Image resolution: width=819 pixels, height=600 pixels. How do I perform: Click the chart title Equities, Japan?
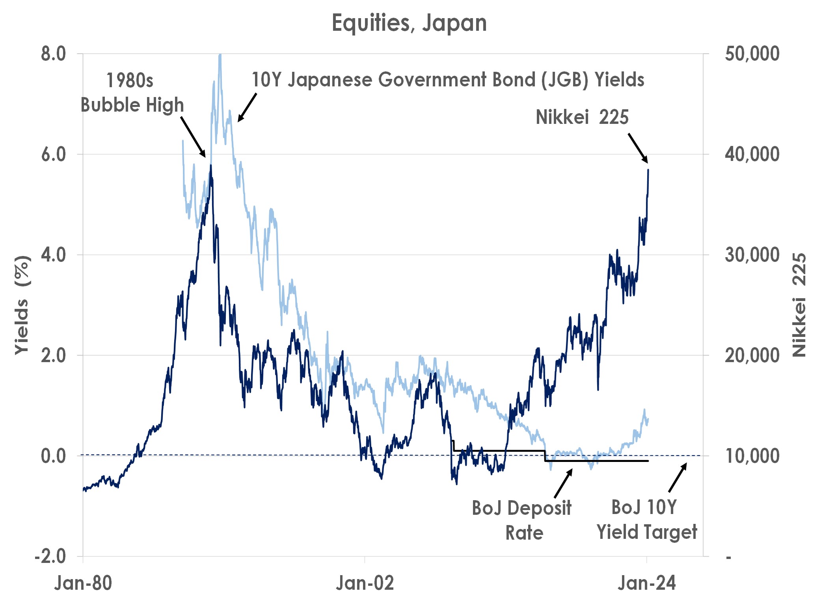click(x=409, y=23)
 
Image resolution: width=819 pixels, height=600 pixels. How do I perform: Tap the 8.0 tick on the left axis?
click(x=54, y=54)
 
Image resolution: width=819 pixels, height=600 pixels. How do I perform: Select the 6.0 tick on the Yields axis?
click(x=54, y=154)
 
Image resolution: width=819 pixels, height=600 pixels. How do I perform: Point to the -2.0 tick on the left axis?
click(x=50, y=557)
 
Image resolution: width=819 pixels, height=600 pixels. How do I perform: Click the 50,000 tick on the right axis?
click(x=752, y=54)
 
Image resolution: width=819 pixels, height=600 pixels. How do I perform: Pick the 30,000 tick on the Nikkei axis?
click(x=752, y=255)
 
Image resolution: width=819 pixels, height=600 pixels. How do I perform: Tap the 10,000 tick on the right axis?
click(x=752, y=456)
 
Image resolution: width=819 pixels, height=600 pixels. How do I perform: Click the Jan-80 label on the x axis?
click(x=83, y=583)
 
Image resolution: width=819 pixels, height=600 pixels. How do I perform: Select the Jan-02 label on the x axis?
click(x=365, y=583)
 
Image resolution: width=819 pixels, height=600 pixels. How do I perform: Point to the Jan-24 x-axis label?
click(x=646, y=583)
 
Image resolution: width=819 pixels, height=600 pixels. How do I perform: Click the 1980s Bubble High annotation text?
click(x=132, y=93)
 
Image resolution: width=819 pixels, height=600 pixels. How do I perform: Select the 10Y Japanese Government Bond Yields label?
click(x=448, y=80)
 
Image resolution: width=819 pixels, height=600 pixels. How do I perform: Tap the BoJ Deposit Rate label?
click(x=522, y=520)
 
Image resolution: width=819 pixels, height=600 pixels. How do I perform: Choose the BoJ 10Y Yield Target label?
click(x=646, y=520)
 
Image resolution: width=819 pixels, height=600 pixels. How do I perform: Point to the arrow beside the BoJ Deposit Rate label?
click(x=563, y=483)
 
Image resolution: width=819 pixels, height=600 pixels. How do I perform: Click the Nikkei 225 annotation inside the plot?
click(x=582, y=117)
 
